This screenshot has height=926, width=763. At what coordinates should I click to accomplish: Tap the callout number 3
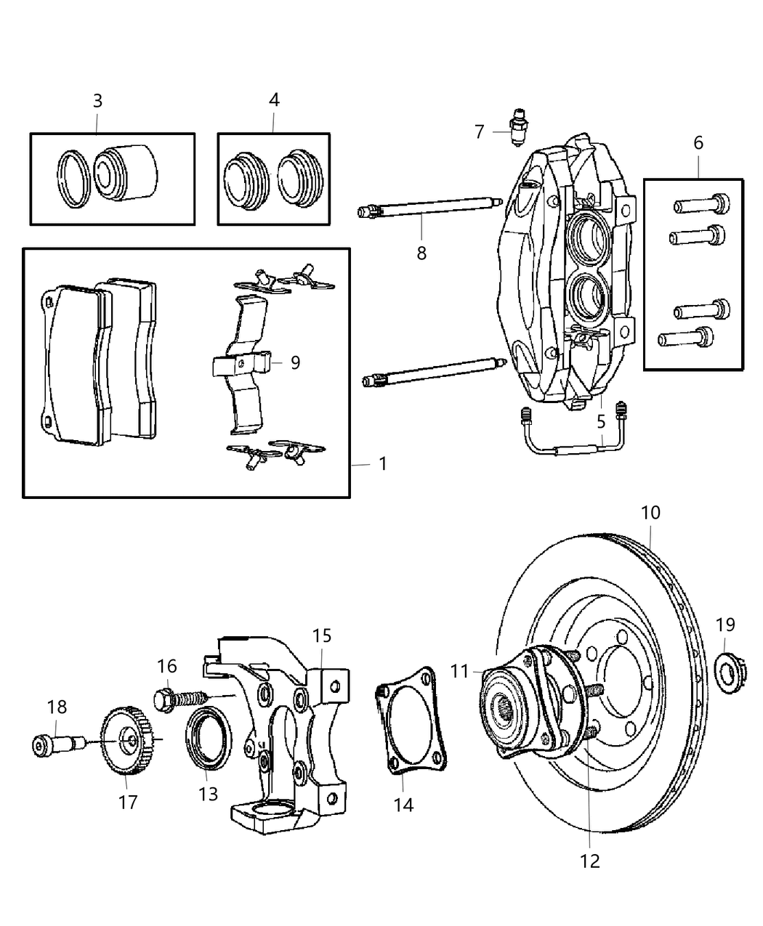click(x=97, y=101)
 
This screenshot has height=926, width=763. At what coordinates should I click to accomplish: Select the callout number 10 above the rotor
click(x=650, y=513)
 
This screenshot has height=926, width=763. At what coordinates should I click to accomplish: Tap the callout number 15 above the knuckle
click(x=322, y=636)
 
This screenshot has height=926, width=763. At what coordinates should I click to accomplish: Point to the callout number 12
click(x=590, y=861)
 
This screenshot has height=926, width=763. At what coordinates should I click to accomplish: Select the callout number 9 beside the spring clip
click(x=295, y=362)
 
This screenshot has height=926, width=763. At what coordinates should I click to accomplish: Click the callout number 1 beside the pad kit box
click(x=383, y=463)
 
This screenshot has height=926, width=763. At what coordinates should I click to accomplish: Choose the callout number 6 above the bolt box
click(x=698, y=143)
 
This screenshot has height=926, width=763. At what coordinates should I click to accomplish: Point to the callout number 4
click(x=273, y=100)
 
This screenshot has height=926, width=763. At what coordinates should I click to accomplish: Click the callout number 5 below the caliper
click(x=601, y=421)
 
